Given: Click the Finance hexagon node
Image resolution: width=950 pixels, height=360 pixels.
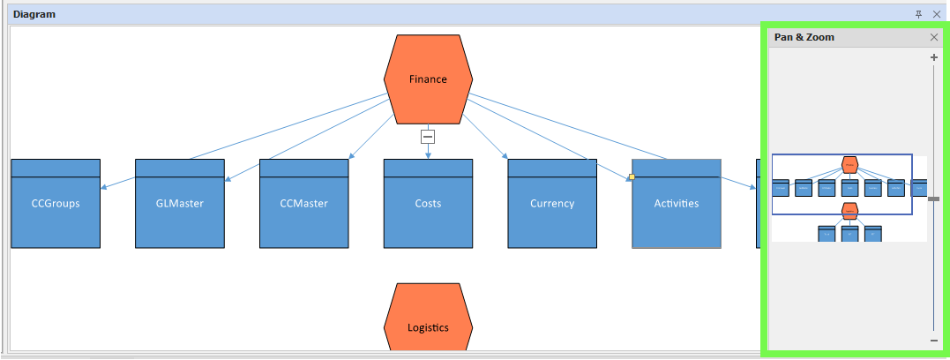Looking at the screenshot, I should [428, 79].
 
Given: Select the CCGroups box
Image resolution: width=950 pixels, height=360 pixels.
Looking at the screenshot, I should [56, 204].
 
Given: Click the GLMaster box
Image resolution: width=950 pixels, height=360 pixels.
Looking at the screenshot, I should [180, 204].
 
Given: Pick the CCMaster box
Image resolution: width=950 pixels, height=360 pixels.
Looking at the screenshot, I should [304, 204].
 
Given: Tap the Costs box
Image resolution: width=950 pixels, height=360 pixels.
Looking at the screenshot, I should [428, 204].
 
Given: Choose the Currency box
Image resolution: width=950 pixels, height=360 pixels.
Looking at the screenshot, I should [552, 204].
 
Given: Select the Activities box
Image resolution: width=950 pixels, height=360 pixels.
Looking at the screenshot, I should [677, 204].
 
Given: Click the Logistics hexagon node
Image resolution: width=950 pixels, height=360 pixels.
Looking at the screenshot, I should [428, 322].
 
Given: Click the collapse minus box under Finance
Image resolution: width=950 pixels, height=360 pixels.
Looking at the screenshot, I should [428, 137].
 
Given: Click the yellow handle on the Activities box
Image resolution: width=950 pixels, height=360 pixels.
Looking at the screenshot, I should [632, 177].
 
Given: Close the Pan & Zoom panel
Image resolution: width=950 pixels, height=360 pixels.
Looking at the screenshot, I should [934, 38].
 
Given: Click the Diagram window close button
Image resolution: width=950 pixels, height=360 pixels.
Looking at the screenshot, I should [937, 14].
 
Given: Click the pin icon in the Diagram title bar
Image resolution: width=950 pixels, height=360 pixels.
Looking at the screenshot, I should [919, 14].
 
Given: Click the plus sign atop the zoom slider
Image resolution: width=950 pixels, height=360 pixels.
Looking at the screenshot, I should [934, 57].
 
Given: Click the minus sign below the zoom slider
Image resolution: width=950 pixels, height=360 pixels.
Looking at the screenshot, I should [934, 341].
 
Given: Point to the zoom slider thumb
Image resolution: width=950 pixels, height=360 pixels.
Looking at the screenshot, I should [934, 199].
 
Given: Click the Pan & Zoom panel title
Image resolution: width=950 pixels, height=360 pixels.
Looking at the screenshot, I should [804, 38].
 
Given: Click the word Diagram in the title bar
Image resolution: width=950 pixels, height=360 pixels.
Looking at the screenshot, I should [34, 14].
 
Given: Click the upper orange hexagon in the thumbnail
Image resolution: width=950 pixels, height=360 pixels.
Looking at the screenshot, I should [849, 164].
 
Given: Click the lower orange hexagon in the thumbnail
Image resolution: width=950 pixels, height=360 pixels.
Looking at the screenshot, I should [849, 210].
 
